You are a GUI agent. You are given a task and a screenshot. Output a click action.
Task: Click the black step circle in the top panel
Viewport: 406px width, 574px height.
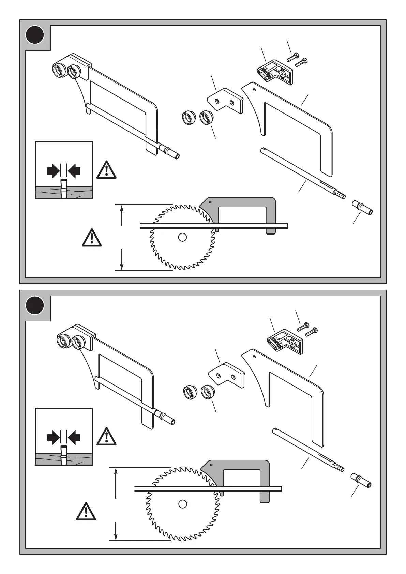[35, 35]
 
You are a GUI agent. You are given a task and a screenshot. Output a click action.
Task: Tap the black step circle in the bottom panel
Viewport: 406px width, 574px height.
[35, 305]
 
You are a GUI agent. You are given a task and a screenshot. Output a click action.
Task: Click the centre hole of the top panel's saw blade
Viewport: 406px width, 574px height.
[182, 237]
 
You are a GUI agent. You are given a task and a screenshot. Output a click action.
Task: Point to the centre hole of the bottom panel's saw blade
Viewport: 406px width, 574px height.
[183, 504]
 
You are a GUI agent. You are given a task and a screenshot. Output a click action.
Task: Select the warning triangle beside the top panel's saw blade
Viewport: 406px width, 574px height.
[92, 238]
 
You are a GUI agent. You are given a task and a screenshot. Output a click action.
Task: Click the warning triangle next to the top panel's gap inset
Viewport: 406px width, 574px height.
[106, 170]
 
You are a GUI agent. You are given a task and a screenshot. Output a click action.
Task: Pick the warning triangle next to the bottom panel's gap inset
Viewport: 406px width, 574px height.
[106, 437]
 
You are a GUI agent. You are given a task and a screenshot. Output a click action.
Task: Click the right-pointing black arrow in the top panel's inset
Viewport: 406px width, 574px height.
[53, 170]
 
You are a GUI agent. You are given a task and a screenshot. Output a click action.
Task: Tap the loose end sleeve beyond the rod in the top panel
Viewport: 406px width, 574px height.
[362, 208]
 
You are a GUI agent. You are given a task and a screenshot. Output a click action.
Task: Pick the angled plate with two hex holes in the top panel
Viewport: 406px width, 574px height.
[226, 100]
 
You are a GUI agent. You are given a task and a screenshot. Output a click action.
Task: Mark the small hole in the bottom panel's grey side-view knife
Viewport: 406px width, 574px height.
[211, 465]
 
